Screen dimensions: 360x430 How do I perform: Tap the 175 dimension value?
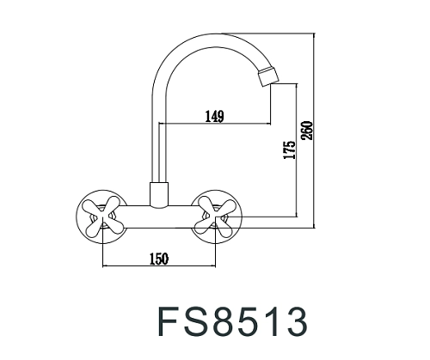tap(289, 151)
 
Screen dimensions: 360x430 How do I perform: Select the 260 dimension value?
tap(307, 131)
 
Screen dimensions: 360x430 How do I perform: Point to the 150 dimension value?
tap(157, 258)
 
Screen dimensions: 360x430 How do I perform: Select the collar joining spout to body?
tap(158, 195)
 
